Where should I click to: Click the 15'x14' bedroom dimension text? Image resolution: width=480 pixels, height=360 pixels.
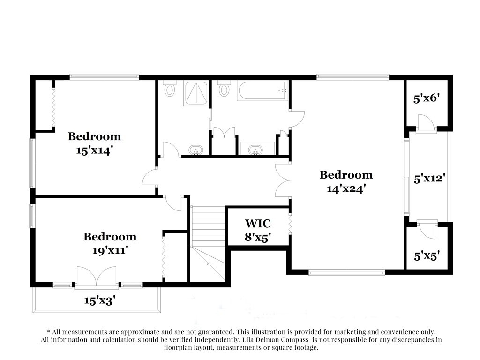coord(94,151)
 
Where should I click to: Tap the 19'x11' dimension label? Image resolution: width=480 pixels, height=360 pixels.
coord(110,251)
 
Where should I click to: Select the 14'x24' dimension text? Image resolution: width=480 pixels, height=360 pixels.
coord(346,189)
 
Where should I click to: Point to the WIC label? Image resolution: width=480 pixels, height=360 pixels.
coord(258,223)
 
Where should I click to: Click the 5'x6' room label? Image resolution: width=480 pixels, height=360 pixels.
coord(426,99)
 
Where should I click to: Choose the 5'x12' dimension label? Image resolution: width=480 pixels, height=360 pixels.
coord(429,179)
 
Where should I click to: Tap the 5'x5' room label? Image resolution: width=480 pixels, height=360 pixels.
coord(427,256)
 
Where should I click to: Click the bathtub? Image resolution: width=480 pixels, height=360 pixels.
coord(262,91)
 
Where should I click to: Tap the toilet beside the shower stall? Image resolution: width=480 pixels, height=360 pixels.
coord(170,88)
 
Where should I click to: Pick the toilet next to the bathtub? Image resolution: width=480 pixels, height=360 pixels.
coord(225,88)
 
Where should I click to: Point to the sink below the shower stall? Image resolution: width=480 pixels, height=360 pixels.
coord(195,150)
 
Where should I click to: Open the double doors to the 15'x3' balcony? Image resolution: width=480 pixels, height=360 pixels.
coord(97,276)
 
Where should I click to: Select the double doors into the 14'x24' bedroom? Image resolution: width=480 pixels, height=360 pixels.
coord(283,180)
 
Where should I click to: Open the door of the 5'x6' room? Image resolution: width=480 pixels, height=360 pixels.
coord(426,123)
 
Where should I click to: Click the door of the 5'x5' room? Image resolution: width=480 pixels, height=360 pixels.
coord(426,230)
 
